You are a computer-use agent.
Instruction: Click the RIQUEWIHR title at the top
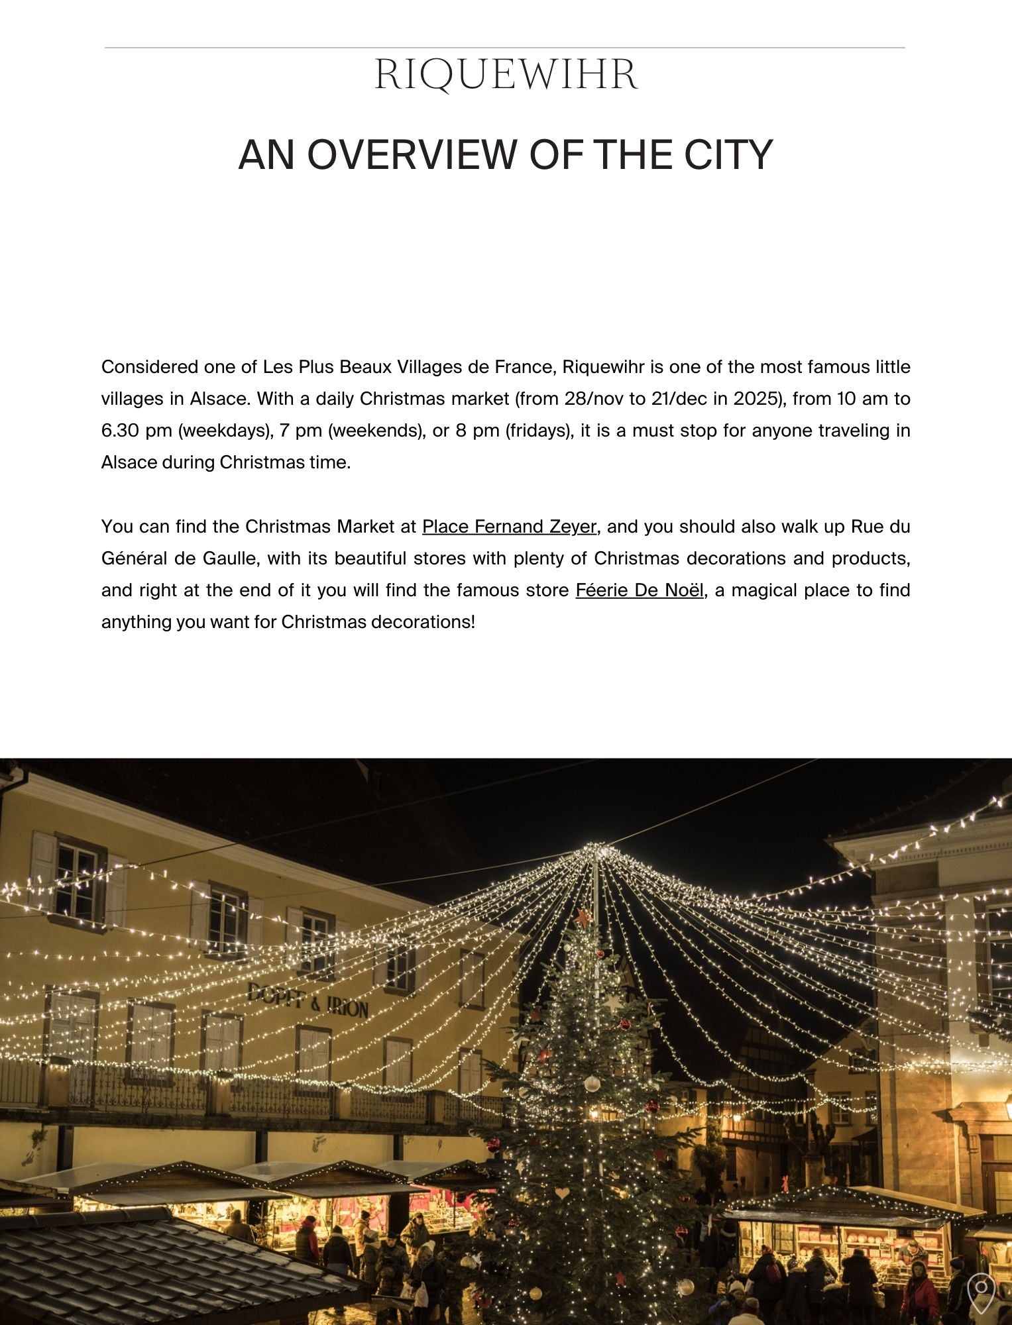pos(506,75)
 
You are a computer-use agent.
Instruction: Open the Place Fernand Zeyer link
pos(509,527)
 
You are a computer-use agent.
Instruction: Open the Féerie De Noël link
pos(639,590)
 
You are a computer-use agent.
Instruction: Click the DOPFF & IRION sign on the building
pos(308,1000)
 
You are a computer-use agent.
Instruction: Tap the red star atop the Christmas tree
pos(584,918)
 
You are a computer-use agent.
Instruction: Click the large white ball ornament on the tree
pos(592,1084)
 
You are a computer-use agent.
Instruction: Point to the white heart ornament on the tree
pos(561,1193)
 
